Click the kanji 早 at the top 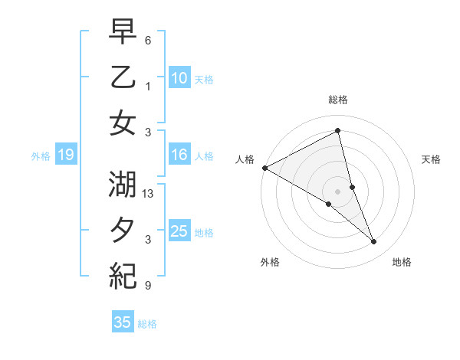pos(123,32)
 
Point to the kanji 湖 pos(123,186)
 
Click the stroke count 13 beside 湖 pos(149,195)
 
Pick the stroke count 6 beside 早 pos(148,40)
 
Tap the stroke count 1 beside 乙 pos(148,86)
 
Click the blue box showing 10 pos(179,77)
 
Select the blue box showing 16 pos(179,155)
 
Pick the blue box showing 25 pos(179,232)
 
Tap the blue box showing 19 pos(65,155)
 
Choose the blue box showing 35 pos(123,322)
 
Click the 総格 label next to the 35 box pos(147,324)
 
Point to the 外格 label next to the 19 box pos(41,156)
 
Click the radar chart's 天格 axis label pos(431,159)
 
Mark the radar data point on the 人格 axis pos(264,167)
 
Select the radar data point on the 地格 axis pos(374,242)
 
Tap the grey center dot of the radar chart pos(337,190)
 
